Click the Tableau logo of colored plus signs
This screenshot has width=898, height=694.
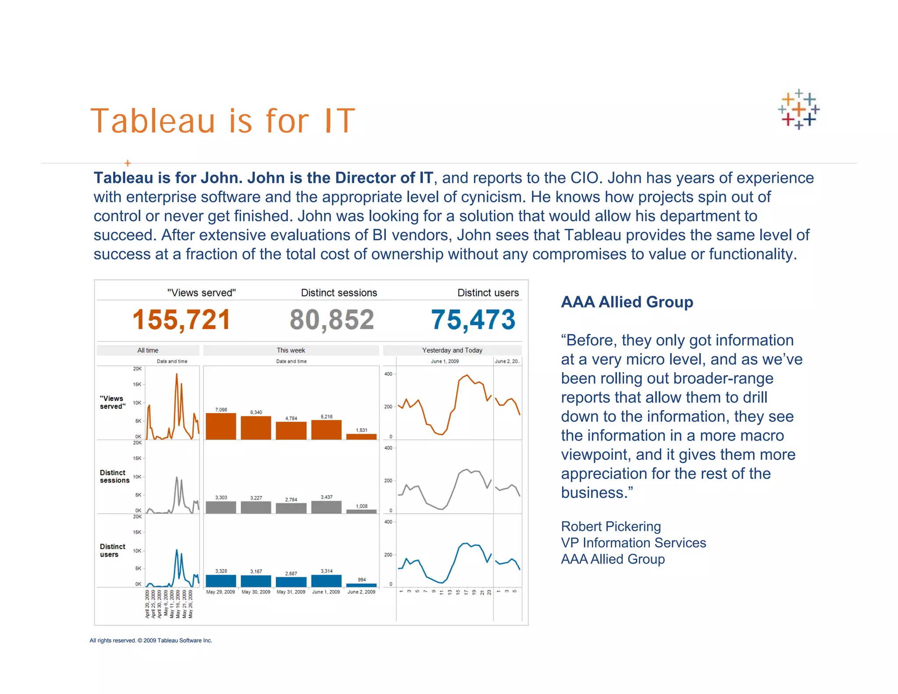(798, 109)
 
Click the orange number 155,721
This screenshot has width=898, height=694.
(181, 319)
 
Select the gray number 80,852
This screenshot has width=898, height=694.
(331, 319)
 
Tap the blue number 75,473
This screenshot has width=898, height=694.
(473, 319)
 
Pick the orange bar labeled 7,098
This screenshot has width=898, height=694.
(221, 426)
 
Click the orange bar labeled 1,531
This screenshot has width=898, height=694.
(361, 436)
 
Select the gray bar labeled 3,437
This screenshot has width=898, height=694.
(326, 507)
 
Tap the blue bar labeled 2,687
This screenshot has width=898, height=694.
(291, 582)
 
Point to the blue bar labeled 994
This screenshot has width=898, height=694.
(361, 585)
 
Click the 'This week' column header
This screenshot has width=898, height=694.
(291, 350)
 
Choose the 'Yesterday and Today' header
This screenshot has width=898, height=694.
(452, 350)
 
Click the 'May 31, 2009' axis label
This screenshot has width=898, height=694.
(291, 592)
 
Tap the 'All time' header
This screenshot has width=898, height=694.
(148, 350)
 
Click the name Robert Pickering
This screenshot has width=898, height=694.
(611, 526)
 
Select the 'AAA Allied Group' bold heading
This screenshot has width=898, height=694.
(627, 302)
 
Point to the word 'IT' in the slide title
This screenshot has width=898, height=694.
(339, 121)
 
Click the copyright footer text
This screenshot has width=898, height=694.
(151, 640)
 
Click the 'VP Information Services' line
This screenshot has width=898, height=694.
(634, 543)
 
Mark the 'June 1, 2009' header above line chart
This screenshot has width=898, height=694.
(445, 361)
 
